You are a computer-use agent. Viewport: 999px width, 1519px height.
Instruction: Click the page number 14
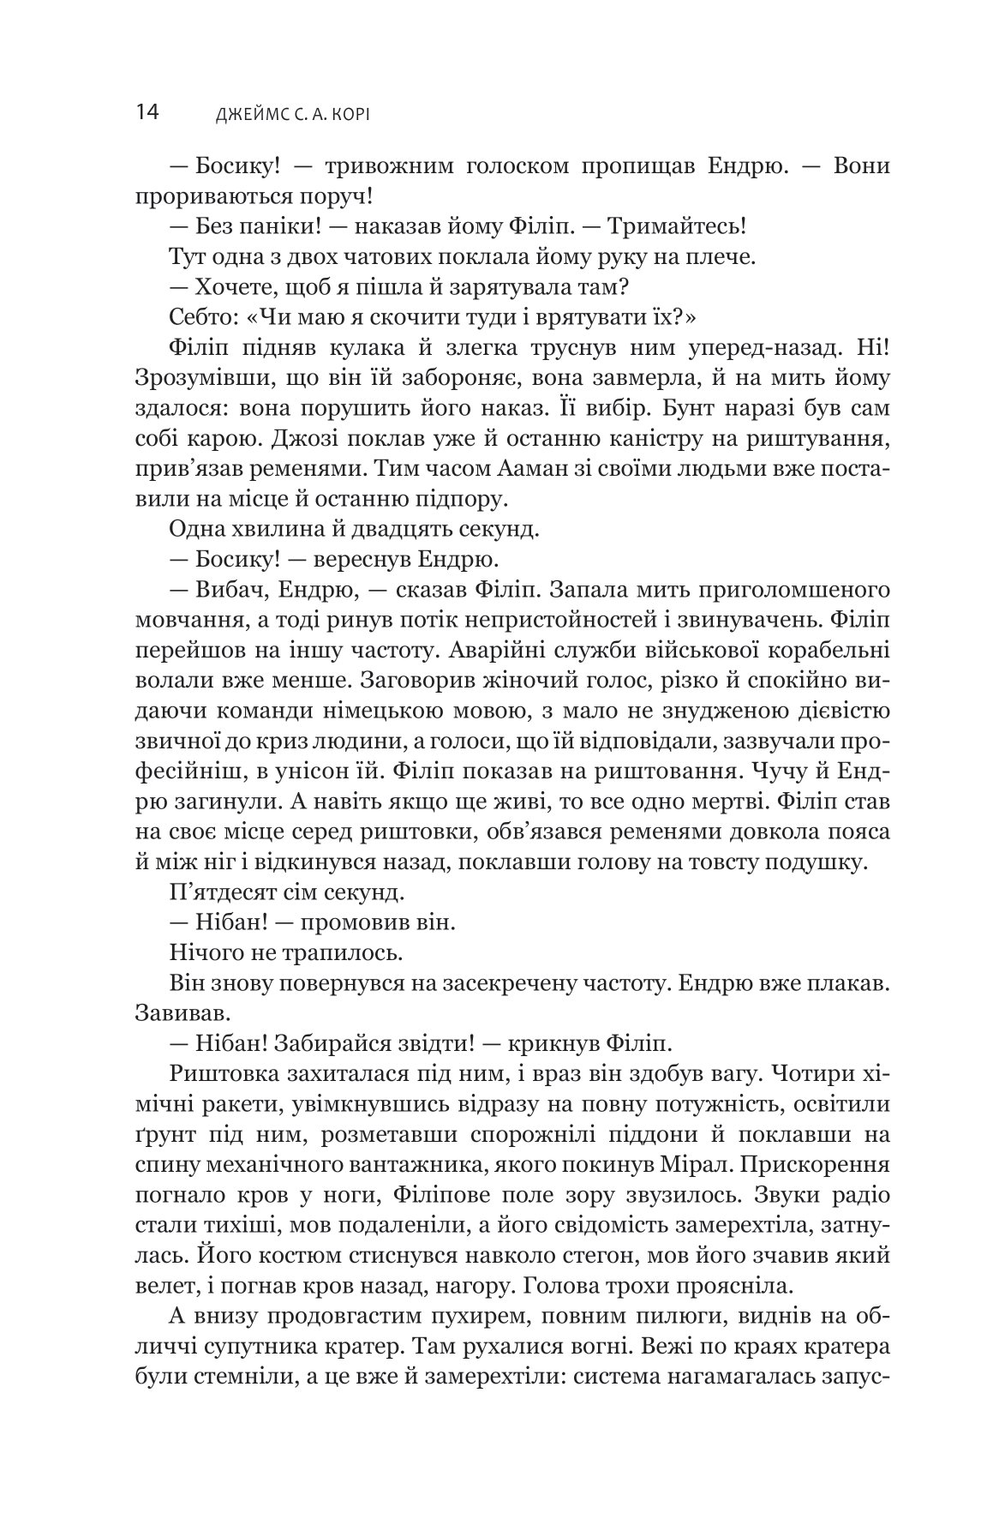[147, 112]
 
